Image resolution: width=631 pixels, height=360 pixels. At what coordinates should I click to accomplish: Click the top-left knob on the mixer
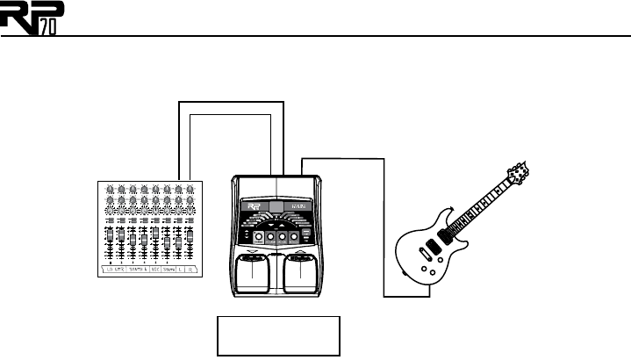(x=109, y=189)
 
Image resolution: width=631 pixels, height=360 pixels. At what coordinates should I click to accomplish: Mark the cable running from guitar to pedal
(x=384, y=220)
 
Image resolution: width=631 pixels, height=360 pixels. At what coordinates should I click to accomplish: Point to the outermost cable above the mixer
(x=232, y=102)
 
